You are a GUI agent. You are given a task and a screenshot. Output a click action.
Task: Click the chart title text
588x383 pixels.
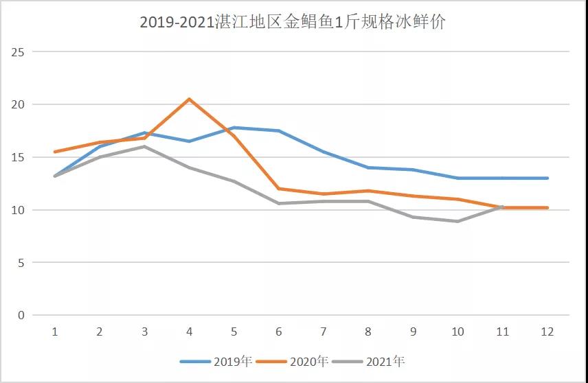click(x=293, y=22)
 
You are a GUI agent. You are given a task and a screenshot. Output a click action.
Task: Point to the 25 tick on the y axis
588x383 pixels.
click(x=19, y=52)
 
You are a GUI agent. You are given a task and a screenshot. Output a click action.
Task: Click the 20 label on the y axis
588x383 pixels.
click(x=19, y=104)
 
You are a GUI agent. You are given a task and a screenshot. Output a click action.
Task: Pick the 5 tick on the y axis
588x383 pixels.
click(x=21, y=262)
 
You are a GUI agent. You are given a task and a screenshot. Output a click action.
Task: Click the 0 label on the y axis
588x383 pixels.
click(x=21, y=315)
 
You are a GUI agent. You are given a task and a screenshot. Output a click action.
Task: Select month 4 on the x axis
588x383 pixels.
click(x=189, y=332)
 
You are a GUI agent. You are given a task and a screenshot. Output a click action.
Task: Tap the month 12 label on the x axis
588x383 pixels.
click(x=547, y=332)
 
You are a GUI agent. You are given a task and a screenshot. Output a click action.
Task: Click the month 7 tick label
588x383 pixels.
click(x=324, y=332)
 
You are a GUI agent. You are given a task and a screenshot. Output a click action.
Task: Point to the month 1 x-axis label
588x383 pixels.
click(x=55, y=332)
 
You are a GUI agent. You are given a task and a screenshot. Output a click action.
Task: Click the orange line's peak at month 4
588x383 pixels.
click(x=189, y=99)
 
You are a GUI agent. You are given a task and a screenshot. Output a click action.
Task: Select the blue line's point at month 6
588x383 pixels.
click(x=279, y=130)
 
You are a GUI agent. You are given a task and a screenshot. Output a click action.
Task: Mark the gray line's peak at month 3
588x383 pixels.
click(x=144, y=146)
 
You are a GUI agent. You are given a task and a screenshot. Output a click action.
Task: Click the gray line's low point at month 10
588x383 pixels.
click(x=457, y=221)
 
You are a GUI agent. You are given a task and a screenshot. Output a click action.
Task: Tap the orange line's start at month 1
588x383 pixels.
click(x=55, y=152)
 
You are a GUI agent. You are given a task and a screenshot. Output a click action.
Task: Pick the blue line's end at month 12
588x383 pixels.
click(x=547, y=178)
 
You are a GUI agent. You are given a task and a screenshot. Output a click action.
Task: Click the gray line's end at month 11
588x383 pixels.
click(x=502, y=207)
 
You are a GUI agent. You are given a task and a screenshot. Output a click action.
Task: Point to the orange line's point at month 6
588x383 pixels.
click(x=279, y=189)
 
